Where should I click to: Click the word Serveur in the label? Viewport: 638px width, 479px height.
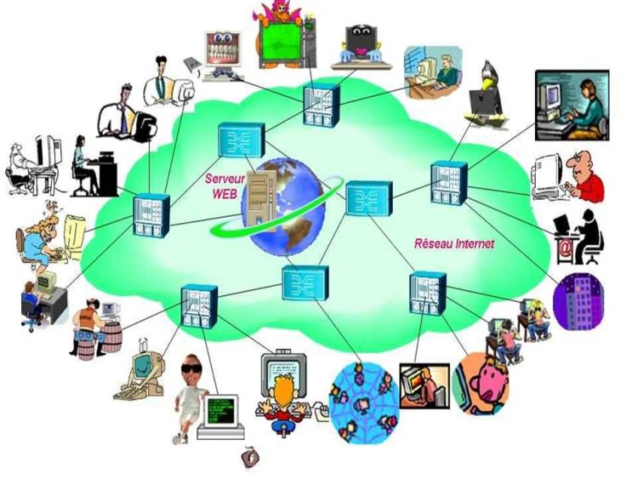coord(225,179)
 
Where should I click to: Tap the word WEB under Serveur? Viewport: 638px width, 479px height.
coord(225,194)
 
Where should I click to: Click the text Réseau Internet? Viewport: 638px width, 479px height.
coord(454,244)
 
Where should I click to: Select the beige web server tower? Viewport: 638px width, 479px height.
coord(261,200)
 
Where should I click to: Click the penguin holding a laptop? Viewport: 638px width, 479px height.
coord(487,94)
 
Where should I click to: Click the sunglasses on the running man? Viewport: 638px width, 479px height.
coord(191,369)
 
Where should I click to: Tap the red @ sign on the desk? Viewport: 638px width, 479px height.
coord(565,248)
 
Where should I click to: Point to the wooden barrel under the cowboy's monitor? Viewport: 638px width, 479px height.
coord(111,337)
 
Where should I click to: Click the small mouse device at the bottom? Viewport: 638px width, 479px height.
coord(249,458)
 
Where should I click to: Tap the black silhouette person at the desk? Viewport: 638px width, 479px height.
coord(587,236)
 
